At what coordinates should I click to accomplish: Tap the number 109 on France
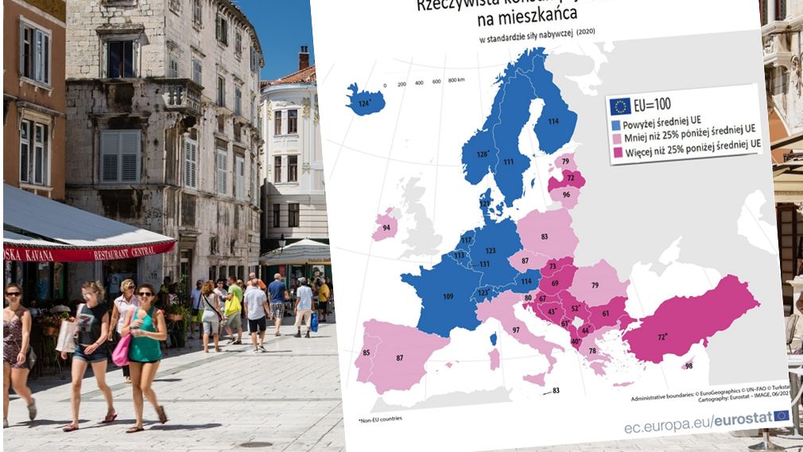click(448, 297)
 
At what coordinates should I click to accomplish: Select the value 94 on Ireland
click(386, 228)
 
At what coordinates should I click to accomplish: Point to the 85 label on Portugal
click(366, 352)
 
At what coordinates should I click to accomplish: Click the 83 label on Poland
click(544, 236)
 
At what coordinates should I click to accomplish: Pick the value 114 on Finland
click(552, 121)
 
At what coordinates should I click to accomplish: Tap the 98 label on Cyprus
click(688, 365)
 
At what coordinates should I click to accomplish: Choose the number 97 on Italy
click(516, 329)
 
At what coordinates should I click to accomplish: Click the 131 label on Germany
click(483, 263)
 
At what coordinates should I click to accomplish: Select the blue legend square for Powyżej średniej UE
click(615, 126)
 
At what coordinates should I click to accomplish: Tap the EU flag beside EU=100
click(620, 106)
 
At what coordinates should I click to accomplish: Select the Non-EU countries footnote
click(381, 419)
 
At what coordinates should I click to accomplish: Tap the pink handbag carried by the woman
click(122, 350)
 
